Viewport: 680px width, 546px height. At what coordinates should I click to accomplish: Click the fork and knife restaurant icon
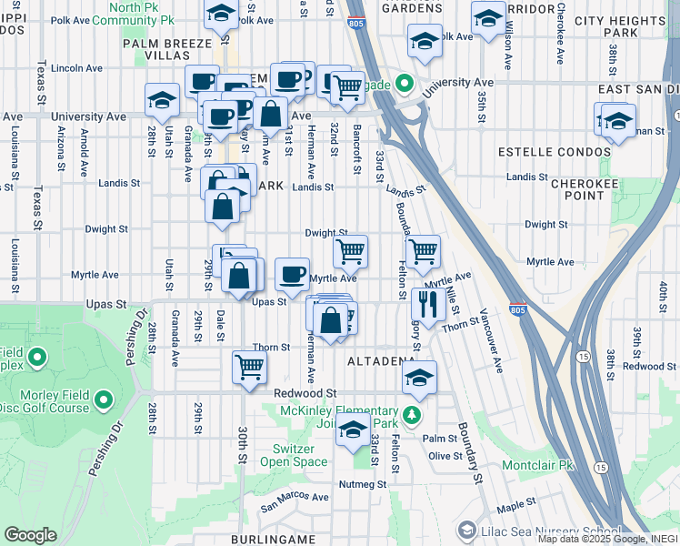pos(425,303)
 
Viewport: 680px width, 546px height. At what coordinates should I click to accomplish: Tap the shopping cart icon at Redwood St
pos(249,368)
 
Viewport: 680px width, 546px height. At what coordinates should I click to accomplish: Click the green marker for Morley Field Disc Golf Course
pos(103,399)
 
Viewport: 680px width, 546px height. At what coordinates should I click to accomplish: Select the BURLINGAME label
pos(273,539)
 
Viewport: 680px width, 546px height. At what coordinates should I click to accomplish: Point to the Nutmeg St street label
pos(361,484)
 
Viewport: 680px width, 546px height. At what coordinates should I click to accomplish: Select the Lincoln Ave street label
pos(77,67)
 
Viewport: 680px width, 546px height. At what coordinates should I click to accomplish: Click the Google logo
pos(30,535)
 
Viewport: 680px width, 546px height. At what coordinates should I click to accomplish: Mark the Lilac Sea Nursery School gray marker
pos(466,530)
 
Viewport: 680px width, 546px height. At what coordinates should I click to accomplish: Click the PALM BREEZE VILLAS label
pos(173,48)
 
